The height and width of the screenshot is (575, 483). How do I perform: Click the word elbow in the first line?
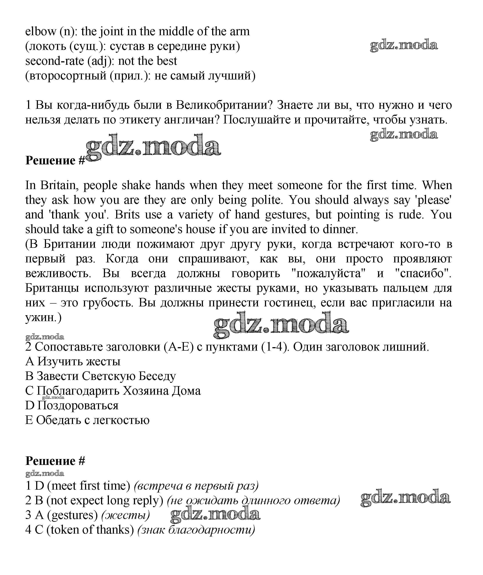40,32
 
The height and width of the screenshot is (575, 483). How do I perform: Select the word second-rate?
55,61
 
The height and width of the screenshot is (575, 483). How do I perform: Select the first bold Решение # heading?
55,160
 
